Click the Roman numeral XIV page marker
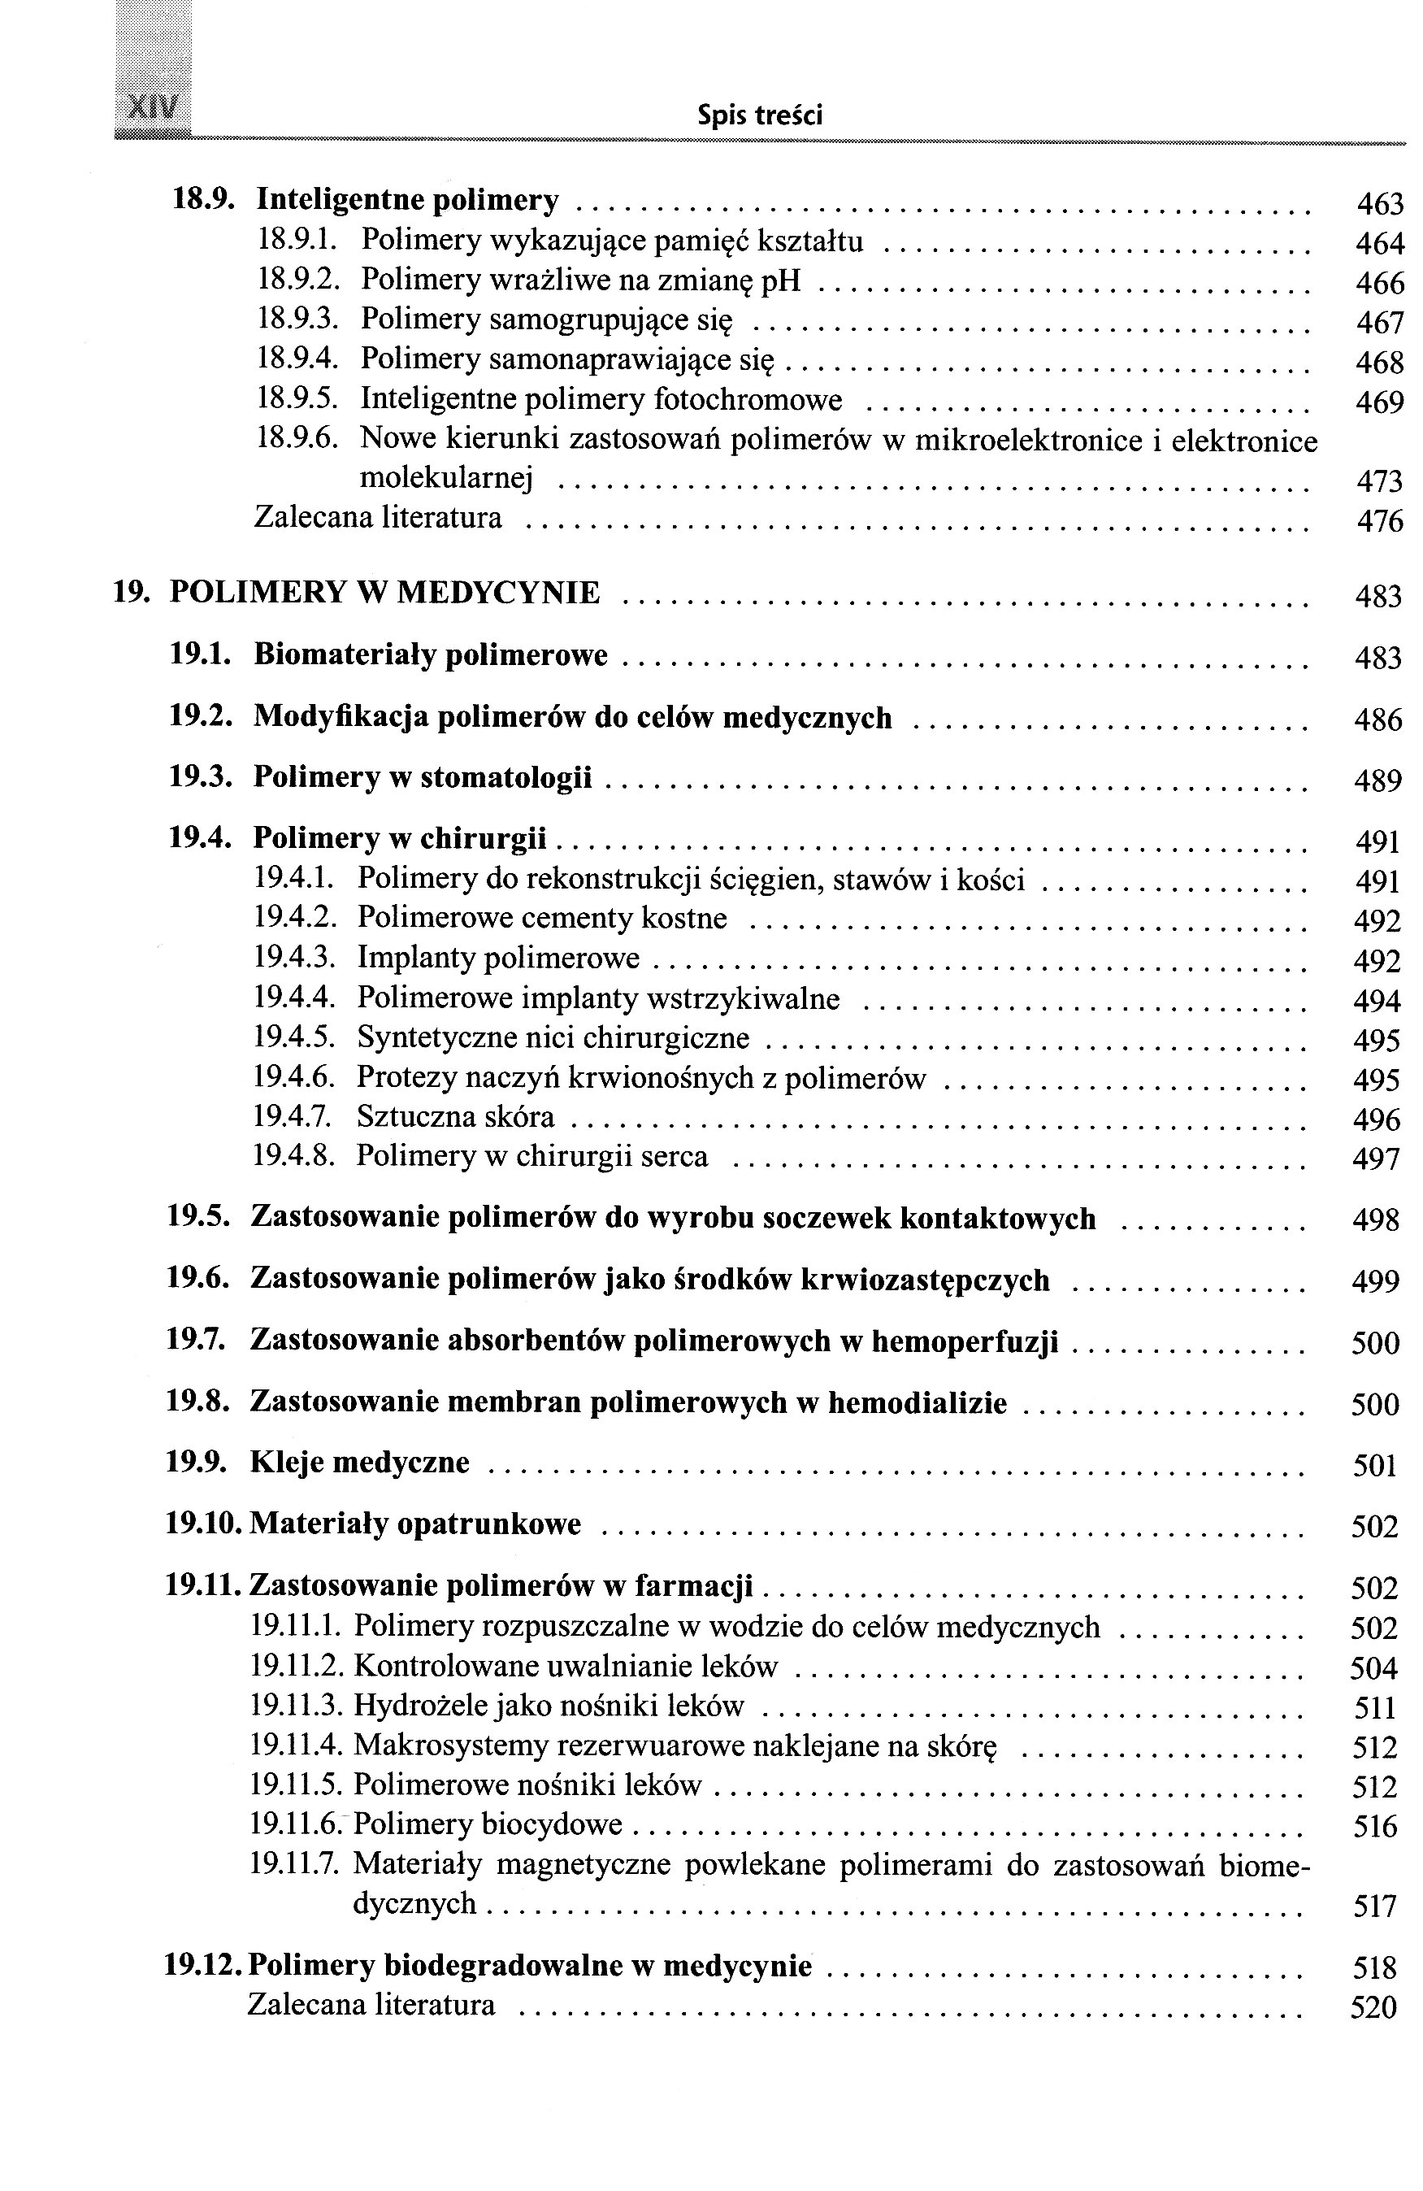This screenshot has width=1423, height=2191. [x=154, y=109]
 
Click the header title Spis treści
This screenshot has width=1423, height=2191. [x=759, y=115]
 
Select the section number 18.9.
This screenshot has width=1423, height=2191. [x=202, y=199]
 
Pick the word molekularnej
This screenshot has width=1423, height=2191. [x=445, y=478]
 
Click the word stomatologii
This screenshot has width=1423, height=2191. [x=505, y=778]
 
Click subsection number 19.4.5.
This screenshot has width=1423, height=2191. [x=293, y=1037]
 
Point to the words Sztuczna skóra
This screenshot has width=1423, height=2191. [x=456, y=1117]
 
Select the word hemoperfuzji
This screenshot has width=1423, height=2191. [x=965, y=1341]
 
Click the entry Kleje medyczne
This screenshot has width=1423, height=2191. [x=360, y=1463]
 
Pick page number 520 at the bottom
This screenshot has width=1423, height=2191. [x=1373, y=2007]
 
